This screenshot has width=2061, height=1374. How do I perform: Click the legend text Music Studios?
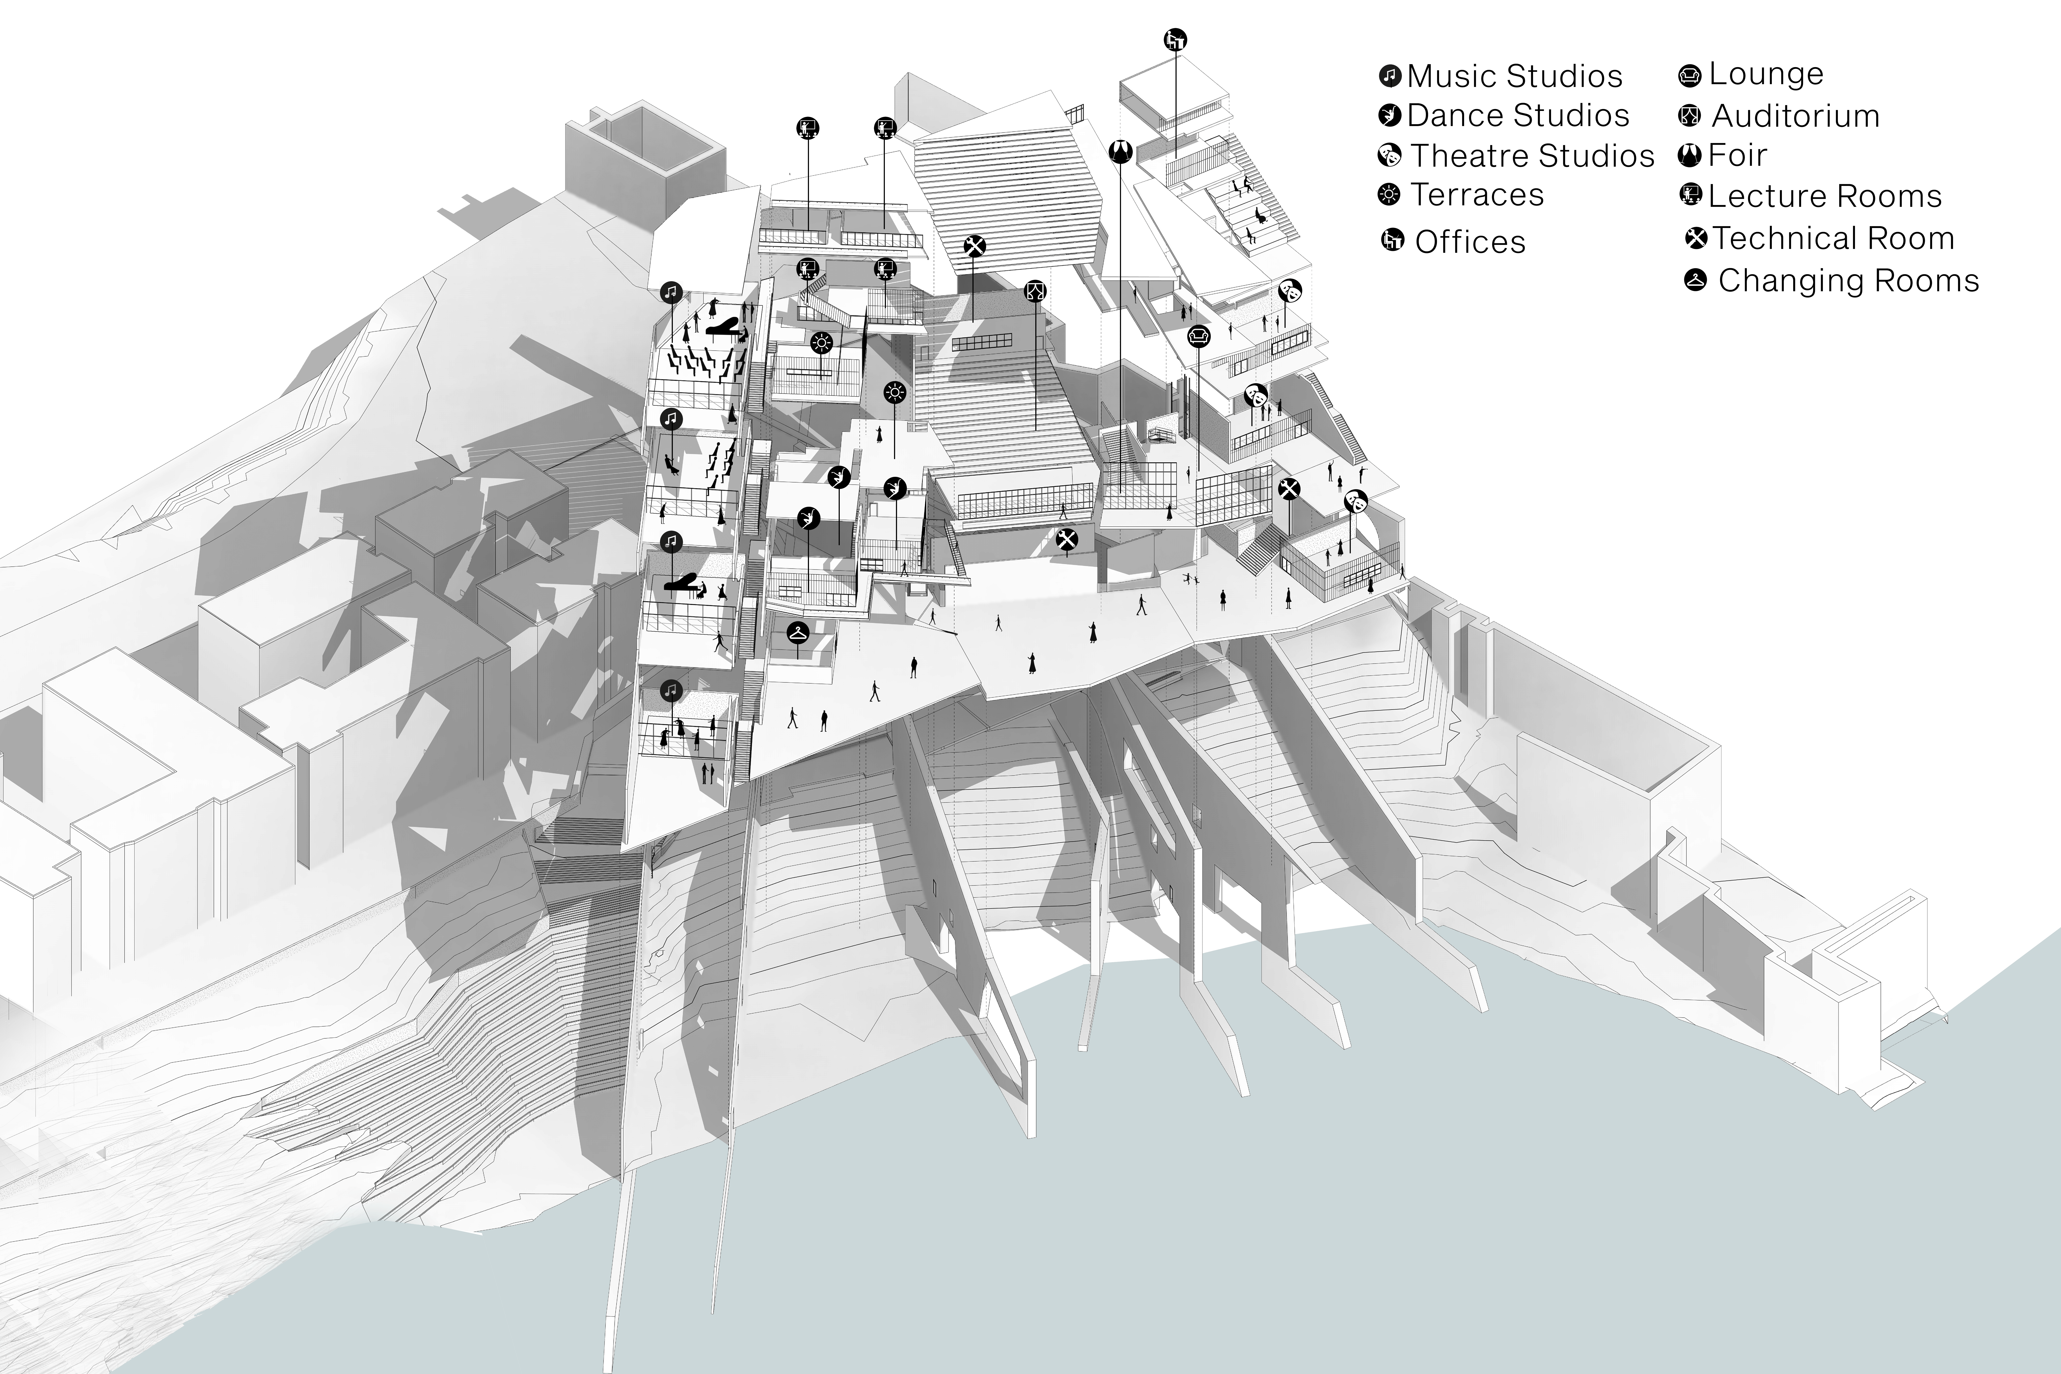[1514, 76]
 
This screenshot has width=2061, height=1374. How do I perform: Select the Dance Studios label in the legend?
[1518, 116]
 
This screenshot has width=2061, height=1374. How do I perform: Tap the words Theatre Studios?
[1532, 156]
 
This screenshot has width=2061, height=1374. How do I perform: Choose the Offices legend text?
[1470, 242]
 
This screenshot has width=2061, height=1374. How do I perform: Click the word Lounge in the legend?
[1766, 74]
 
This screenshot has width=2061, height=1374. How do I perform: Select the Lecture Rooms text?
[1824, 196]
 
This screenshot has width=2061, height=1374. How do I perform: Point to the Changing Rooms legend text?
[1848, 280]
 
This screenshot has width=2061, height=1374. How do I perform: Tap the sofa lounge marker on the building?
[1199, 336]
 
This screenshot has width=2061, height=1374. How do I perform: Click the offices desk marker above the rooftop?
[1175, 40]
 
